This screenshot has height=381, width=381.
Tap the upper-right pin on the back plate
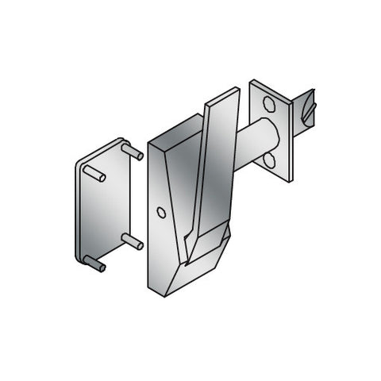(133, 151)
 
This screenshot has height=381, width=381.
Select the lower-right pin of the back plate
(133, 241)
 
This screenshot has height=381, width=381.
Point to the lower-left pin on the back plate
(94, 264)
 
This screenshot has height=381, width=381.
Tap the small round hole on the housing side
(162, 213)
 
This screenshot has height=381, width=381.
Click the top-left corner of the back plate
(79, 164)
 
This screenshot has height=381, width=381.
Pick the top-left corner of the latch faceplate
(252, 82)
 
